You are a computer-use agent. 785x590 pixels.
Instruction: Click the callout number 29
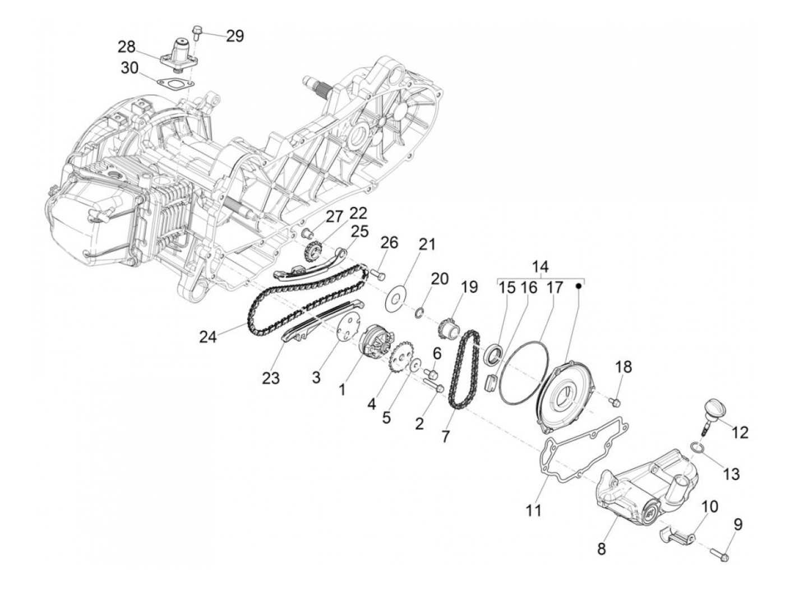[235, 36]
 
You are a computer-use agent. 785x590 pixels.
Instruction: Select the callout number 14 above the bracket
[541, 267]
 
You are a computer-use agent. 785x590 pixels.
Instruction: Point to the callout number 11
[533, 510]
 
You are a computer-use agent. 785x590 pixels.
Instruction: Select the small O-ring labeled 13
[696, 447]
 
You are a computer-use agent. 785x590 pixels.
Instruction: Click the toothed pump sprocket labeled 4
[401, 356]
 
